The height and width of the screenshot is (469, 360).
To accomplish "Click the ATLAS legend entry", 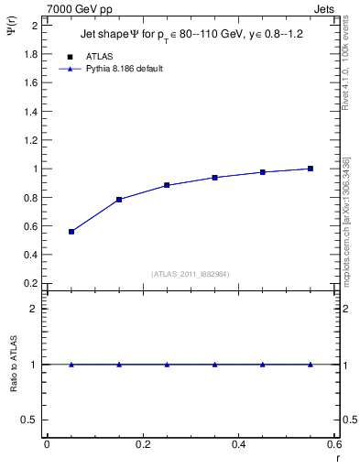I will click(x=101, y=56).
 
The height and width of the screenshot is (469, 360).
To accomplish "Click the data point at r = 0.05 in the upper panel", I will click(x=71, y=232).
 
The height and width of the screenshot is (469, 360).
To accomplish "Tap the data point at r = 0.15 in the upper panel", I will click(x=119, y=200).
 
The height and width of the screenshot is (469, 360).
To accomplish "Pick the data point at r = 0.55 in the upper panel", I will click(x=311, y=169).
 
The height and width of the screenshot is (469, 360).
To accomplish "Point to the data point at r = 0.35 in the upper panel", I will click(x=215, y=178).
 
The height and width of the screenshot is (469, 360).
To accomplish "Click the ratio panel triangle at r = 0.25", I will click(x=167, y=365).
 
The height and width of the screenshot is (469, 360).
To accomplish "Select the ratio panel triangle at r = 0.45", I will click(x=263, y=365).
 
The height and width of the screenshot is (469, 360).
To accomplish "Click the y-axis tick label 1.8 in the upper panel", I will click(x=31, y=54).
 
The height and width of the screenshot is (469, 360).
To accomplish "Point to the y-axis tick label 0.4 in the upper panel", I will click(x=31, y=255).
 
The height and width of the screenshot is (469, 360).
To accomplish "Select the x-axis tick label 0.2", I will click(x=142, y=444).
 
